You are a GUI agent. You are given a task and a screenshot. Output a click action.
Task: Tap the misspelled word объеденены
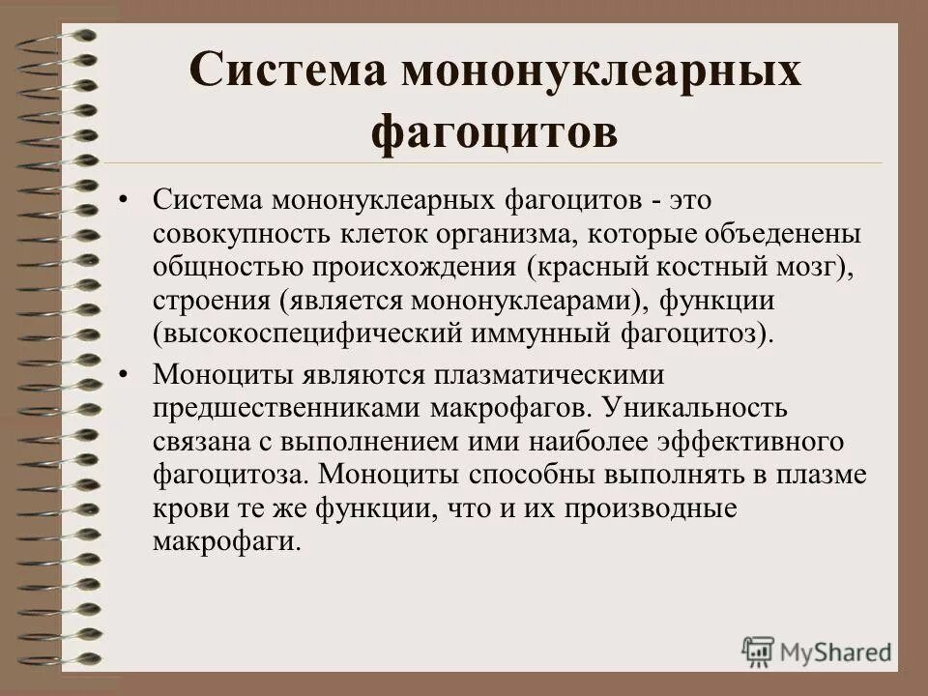[790, 234]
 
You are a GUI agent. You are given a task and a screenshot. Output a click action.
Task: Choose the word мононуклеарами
[536, 300]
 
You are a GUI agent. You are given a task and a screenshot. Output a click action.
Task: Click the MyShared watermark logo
[817, 651]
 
